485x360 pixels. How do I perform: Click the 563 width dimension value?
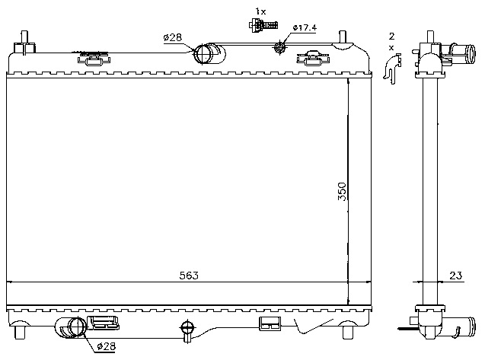(x=189, y=276)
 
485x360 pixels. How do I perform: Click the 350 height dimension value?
(x=342, y=192)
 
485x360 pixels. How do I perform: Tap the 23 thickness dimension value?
(x=455, y=276)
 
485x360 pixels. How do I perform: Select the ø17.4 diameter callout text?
(x=305, y=28)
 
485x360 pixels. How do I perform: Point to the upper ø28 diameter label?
(x=173, y=38)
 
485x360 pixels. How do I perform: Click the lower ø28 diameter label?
(x=106, y=346)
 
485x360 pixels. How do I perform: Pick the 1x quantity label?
(x=260, y=11)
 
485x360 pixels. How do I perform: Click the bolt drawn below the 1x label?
(x=263, y=25)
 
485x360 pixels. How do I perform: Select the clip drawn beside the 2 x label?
(x=392, y=68)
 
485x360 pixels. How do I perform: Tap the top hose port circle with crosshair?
(x=203, y=54)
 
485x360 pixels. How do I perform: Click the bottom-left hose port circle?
(x=77, y=327)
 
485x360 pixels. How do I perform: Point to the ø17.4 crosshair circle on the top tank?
(x=279, y=47)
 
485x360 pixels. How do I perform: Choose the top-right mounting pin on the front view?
(x=343, y=38)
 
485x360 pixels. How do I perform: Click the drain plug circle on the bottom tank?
(x=187, y=327)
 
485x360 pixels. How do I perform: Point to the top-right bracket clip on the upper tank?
(x=313, y=58)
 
